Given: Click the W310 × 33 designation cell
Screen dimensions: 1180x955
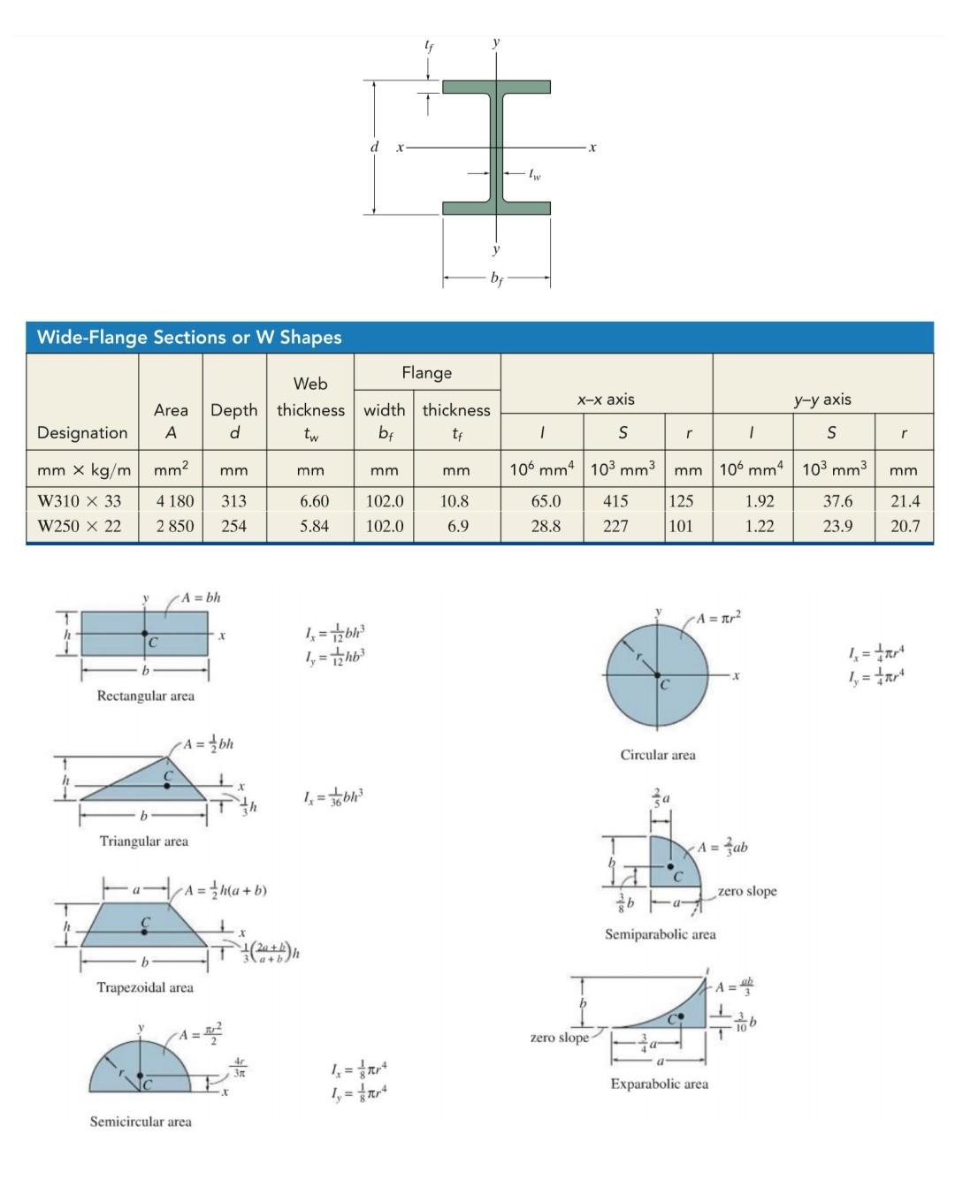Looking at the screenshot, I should (80, 501).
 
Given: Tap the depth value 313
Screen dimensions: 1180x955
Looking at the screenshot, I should (233, 501).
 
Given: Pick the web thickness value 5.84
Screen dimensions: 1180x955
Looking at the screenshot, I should (313, 526).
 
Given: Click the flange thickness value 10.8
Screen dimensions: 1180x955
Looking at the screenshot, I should (455, 501).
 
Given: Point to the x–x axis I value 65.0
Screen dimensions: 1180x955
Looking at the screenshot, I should (545, 501).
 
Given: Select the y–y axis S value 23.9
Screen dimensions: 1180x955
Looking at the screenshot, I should (837, 526).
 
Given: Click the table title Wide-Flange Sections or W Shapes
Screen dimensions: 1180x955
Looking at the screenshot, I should (189, 337).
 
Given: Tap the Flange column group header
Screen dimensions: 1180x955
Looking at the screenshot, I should (426, 373).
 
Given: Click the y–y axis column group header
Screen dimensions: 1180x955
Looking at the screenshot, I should (822, 399).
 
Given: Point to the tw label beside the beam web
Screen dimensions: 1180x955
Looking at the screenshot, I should (534, 175).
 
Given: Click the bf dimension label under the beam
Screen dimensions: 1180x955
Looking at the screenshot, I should (497, 279).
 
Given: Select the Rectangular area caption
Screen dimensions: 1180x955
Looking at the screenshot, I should (145, 696).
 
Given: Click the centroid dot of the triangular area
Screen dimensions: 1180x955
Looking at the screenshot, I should (166, 785).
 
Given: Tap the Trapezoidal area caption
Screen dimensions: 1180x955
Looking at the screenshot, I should (145, 987).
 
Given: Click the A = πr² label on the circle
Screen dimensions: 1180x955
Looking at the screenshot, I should (718, 618).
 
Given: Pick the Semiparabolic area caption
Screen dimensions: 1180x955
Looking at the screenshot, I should (660, 934).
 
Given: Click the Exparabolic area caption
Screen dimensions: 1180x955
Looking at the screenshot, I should (659, 1084).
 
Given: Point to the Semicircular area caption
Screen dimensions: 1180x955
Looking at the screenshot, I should (141, 1122).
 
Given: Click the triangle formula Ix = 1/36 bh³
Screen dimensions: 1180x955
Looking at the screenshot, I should (333, 798).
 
